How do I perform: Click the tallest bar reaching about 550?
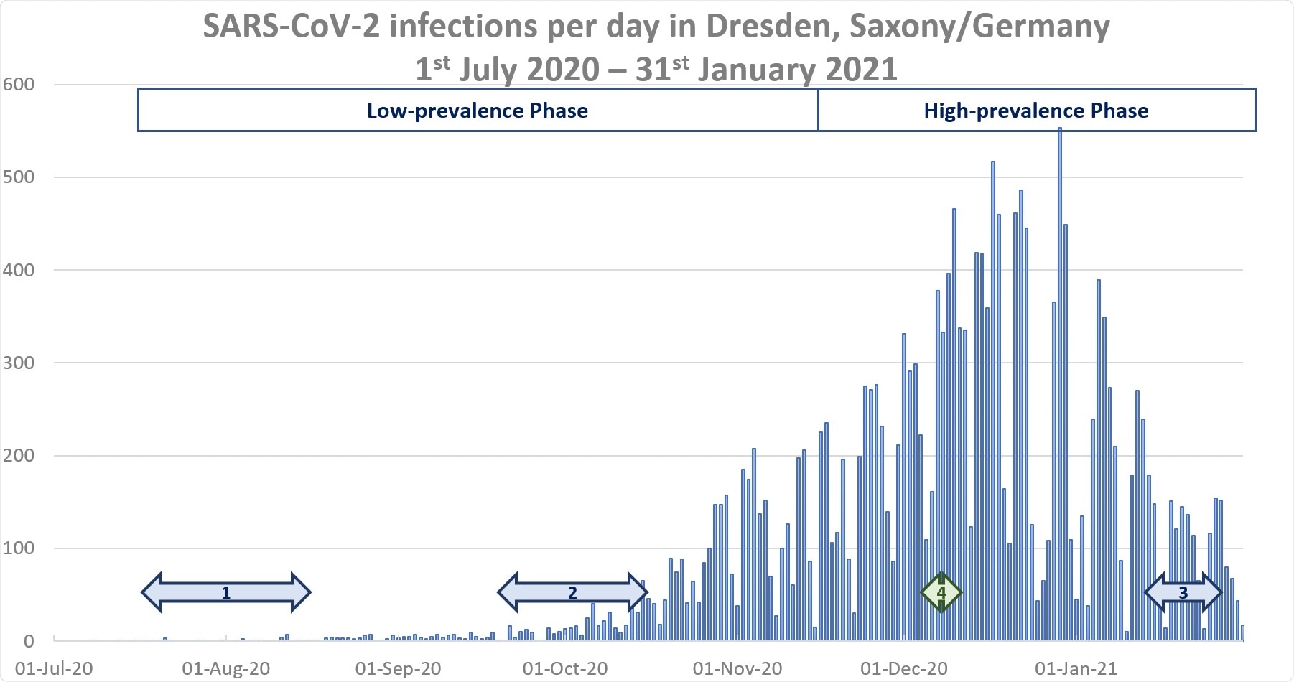[x=1060, y=388]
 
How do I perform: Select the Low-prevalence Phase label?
[x=477, y=111]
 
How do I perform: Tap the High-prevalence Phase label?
[x=1035, y=111]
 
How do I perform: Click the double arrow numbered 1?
[x=225, y=592]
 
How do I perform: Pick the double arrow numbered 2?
[x=572, y=592]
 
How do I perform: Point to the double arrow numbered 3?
[x=1183, y=592]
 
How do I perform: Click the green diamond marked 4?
[x=941, y=592]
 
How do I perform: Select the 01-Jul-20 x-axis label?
[x=54, y=668]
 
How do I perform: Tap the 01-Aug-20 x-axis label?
[x=225, y=668]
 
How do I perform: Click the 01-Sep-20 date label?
[x=398, y=668]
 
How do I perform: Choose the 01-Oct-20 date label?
[x=565, y=668]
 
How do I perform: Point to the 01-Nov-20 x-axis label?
[x=737, y=668]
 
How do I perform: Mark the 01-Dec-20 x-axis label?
[x=903, y=668]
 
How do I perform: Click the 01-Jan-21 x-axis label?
[x=1076, y=668]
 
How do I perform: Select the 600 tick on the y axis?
[x=19, y=85]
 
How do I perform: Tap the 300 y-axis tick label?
[x=19, y=363]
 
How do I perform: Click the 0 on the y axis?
[x=29, y=640]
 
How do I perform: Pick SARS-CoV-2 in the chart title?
[x=292, y=27]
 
